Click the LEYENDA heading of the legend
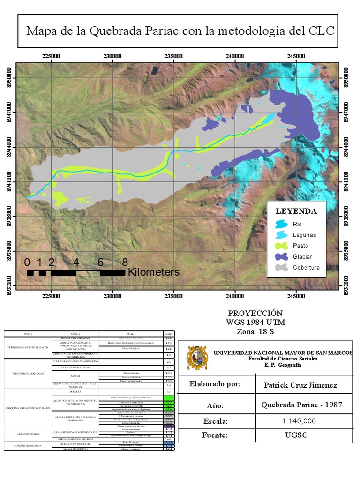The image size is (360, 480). coord(296,211)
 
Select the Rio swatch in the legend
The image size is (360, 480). coord(281,224)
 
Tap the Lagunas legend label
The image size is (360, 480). coord(304,235)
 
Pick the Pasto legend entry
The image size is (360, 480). coord(300,246)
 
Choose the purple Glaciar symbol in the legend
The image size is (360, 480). coord(281,256)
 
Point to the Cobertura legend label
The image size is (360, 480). coord(306,268)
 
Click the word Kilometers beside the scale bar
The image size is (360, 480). coord(154,272)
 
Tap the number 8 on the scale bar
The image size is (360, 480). coord(125,262)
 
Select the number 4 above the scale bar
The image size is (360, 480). coord(76,262)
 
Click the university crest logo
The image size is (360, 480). coord(197,358)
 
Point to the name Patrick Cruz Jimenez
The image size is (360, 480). coord(300,385)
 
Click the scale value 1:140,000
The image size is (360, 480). coord(299,421)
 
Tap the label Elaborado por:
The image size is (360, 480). coord(215,384)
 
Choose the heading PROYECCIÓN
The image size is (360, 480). coord(256,313)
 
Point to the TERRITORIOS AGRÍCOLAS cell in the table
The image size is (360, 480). coord(28,373)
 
